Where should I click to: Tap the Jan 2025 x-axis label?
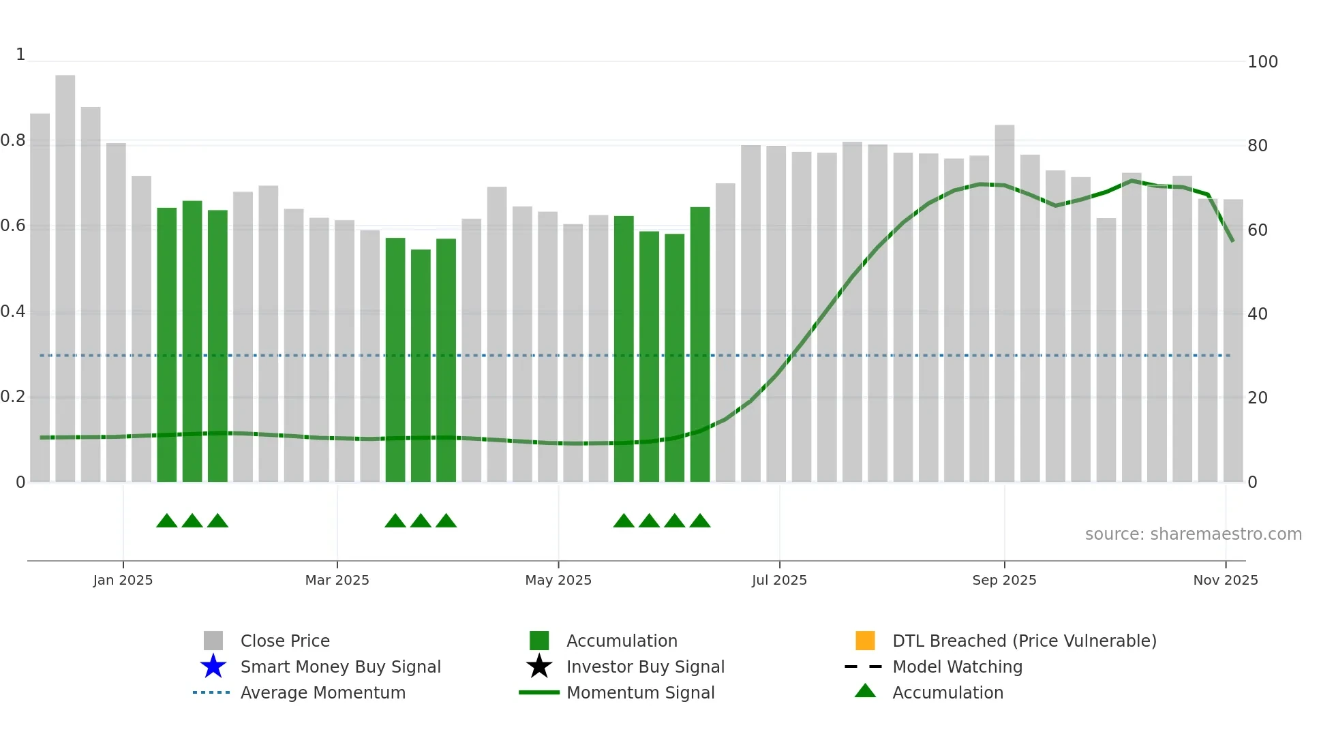(x=123, y=580)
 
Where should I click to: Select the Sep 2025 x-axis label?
(x=1004, y=580)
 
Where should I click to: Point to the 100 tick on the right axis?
(x=1262, y=62)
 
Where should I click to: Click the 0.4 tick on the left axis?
(x=13, y=311)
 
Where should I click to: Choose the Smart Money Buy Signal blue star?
(x=213, y=666)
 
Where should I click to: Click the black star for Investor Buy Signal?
(x=539, y=666)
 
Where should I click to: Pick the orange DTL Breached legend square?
(x=865, y=641)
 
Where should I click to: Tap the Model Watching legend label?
(x=957, y=666)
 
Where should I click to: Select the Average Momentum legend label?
(x=322, y=692)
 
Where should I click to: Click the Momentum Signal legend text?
(x=640, y=692)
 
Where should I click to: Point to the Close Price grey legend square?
(x=213, y=641)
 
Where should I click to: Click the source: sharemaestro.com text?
(x=1193, y=534)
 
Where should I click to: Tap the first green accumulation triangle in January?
(x=167, y=521)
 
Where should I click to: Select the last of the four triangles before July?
(x=700, y=521)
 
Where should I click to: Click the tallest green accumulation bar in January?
(x=192, y=341)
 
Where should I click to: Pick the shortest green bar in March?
(x=421, y=365)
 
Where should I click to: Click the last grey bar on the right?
(x=1233, y=341)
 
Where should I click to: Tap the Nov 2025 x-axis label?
(x=1225, y=580)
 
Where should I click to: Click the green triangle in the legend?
(x=865, y=691)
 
